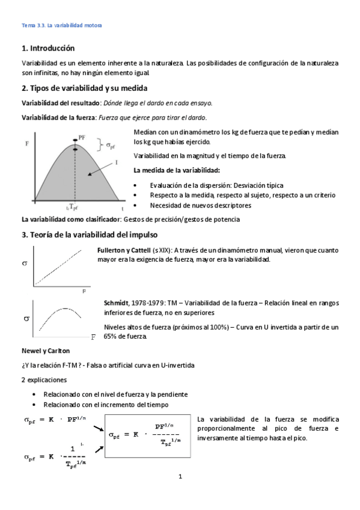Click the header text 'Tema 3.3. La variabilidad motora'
[x=62, y=25]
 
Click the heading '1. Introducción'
[x=48, y=48]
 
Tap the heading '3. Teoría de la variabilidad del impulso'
[x=89, y=234]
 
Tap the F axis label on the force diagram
[x=27, y=144]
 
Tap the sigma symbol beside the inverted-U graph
[x=27, y=319]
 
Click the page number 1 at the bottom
[x=180, y=478]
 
